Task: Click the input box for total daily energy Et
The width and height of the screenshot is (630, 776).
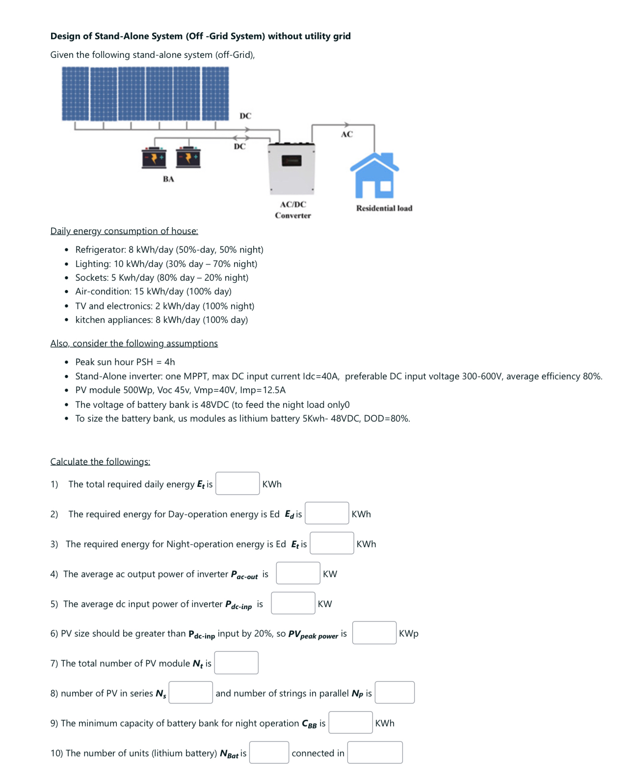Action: coord(237,483)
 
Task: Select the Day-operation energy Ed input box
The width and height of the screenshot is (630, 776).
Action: coord(327,513)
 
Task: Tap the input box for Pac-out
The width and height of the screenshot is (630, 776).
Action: coord(298,573)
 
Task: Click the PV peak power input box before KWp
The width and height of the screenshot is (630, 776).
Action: coord(374,633)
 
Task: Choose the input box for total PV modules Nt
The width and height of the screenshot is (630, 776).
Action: coord(236,663)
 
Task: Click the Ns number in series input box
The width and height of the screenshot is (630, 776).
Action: coord(190,693)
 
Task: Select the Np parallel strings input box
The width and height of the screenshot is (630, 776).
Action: coord(394,693)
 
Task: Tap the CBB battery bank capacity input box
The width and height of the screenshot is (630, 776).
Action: coord(350,722)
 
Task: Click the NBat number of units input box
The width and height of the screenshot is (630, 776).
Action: coord(269,752)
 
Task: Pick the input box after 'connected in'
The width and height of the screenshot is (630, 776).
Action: coord(375,752)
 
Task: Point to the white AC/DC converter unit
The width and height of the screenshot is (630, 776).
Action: coord(291,169)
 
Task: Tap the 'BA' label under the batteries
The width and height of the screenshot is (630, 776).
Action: coord(168,179)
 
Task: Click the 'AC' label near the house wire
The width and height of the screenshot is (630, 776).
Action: coord(346,134)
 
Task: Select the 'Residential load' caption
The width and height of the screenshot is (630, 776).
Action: coord(384,208)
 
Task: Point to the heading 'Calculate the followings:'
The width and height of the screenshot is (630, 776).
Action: coord(100,462)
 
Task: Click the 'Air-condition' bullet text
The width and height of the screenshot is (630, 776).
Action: coord(103,292)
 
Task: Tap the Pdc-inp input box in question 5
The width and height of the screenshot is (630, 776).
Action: coord(293,603)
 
